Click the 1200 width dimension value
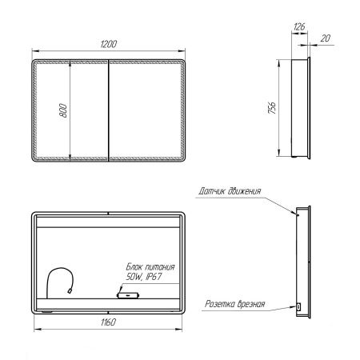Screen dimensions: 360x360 coord(109,44)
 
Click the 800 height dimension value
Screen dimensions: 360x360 coord(63,110)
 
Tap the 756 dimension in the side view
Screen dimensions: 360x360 coord(272,108)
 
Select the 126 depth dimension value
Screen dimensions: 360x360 coord(299,26)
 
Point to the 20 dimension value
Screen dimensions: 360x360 coord(325,38)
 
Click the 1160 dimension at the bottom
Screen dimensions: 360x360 coord(108,322)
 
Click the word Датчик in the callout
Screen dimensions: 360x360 coord(213,191)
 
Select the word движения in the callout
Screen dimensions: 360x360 coord(245,191)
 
